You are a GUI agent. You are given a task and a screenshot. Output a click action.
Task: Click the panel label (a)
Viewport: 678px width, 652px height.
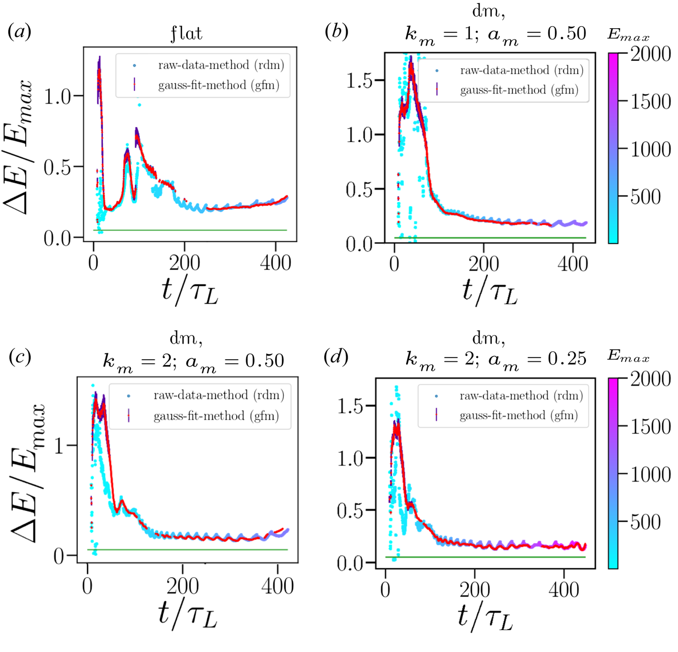(20, 32)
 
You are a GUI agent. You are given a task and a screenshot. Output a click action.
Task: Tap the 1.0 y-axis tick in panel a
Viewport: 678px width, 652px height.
(58, 96)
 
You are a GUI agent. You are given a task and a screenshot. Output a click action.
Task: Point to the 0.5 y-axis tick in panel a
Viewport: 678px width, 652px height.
(58, 167)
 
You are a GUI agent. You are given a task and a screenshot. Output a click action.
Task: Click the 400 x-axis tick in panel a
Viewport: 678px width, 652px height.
(275, 262)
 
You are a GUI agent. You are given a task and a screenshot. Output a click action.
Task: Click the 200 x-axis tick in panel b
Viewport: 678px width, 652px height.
(484, 264)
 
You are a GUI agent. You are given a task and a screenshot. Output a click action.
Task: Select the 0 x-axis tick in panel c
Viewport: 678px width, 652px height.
(87, 586)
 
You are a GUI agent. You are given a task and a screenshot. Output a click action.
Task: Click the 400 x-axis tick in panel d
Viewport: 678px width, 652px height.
(564, 589)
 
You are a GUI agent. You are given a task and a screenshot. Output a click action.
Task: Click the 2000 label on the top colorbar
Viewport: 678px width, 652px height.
(650, 54)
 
